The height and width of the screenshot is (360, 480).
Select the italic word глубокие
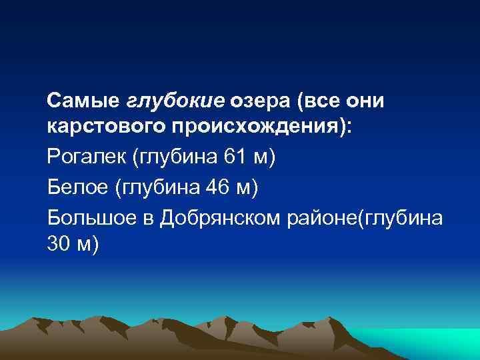pos(175,101)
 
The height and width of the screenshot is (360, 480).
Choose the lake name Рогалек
pos(87,157)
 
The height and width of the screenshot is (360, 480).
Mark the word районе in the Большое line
pos(323,217)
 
